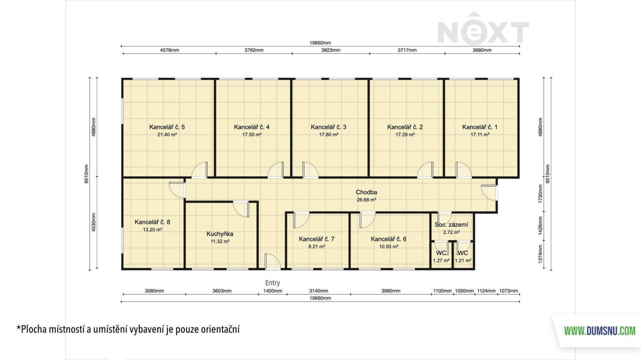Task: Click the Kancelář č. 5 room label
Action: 167,127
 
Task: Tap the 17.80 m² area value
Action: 329,135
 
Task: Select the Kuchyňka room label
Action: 220,234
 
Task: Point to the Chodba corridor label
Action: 366,193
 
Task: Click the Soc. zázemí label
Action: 451,225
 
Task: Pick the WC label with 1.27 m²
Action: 441,253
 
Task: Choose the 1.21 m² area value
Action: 463,260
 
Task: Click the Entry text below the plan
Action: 273,283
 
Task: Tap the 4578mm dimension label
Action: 169,50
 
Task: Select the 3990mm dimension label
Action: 391,291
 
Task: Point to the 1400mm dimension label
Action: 273,291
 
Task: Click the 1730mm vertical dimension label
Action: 540,194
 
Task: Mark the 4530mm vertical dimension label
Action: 94,222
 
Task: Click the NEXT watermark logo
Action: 483,29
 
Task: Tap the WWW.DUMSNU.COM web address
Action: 600,331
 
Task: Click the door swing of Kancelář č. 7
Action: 302,220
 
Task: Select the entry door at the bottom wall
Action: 273,261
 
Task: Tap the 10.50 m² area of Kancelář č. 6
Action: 388,246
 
